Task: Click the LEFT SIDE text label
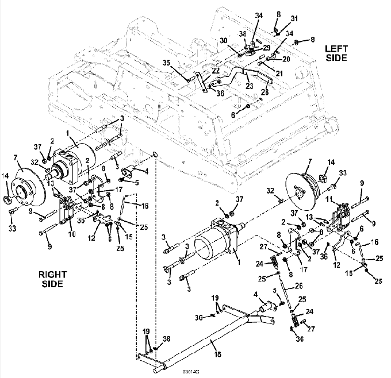pos(336,53)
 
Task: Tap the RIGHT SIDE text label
pos(53,279)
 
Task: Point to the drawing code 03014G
pos(191,372)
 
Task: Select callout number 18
pos(218,354)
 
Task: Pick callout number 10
pos(72,234)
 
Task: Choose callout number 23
pos(249,86)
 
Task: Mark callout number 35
pos(166,63)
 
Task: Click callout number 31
pos(294,18)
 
